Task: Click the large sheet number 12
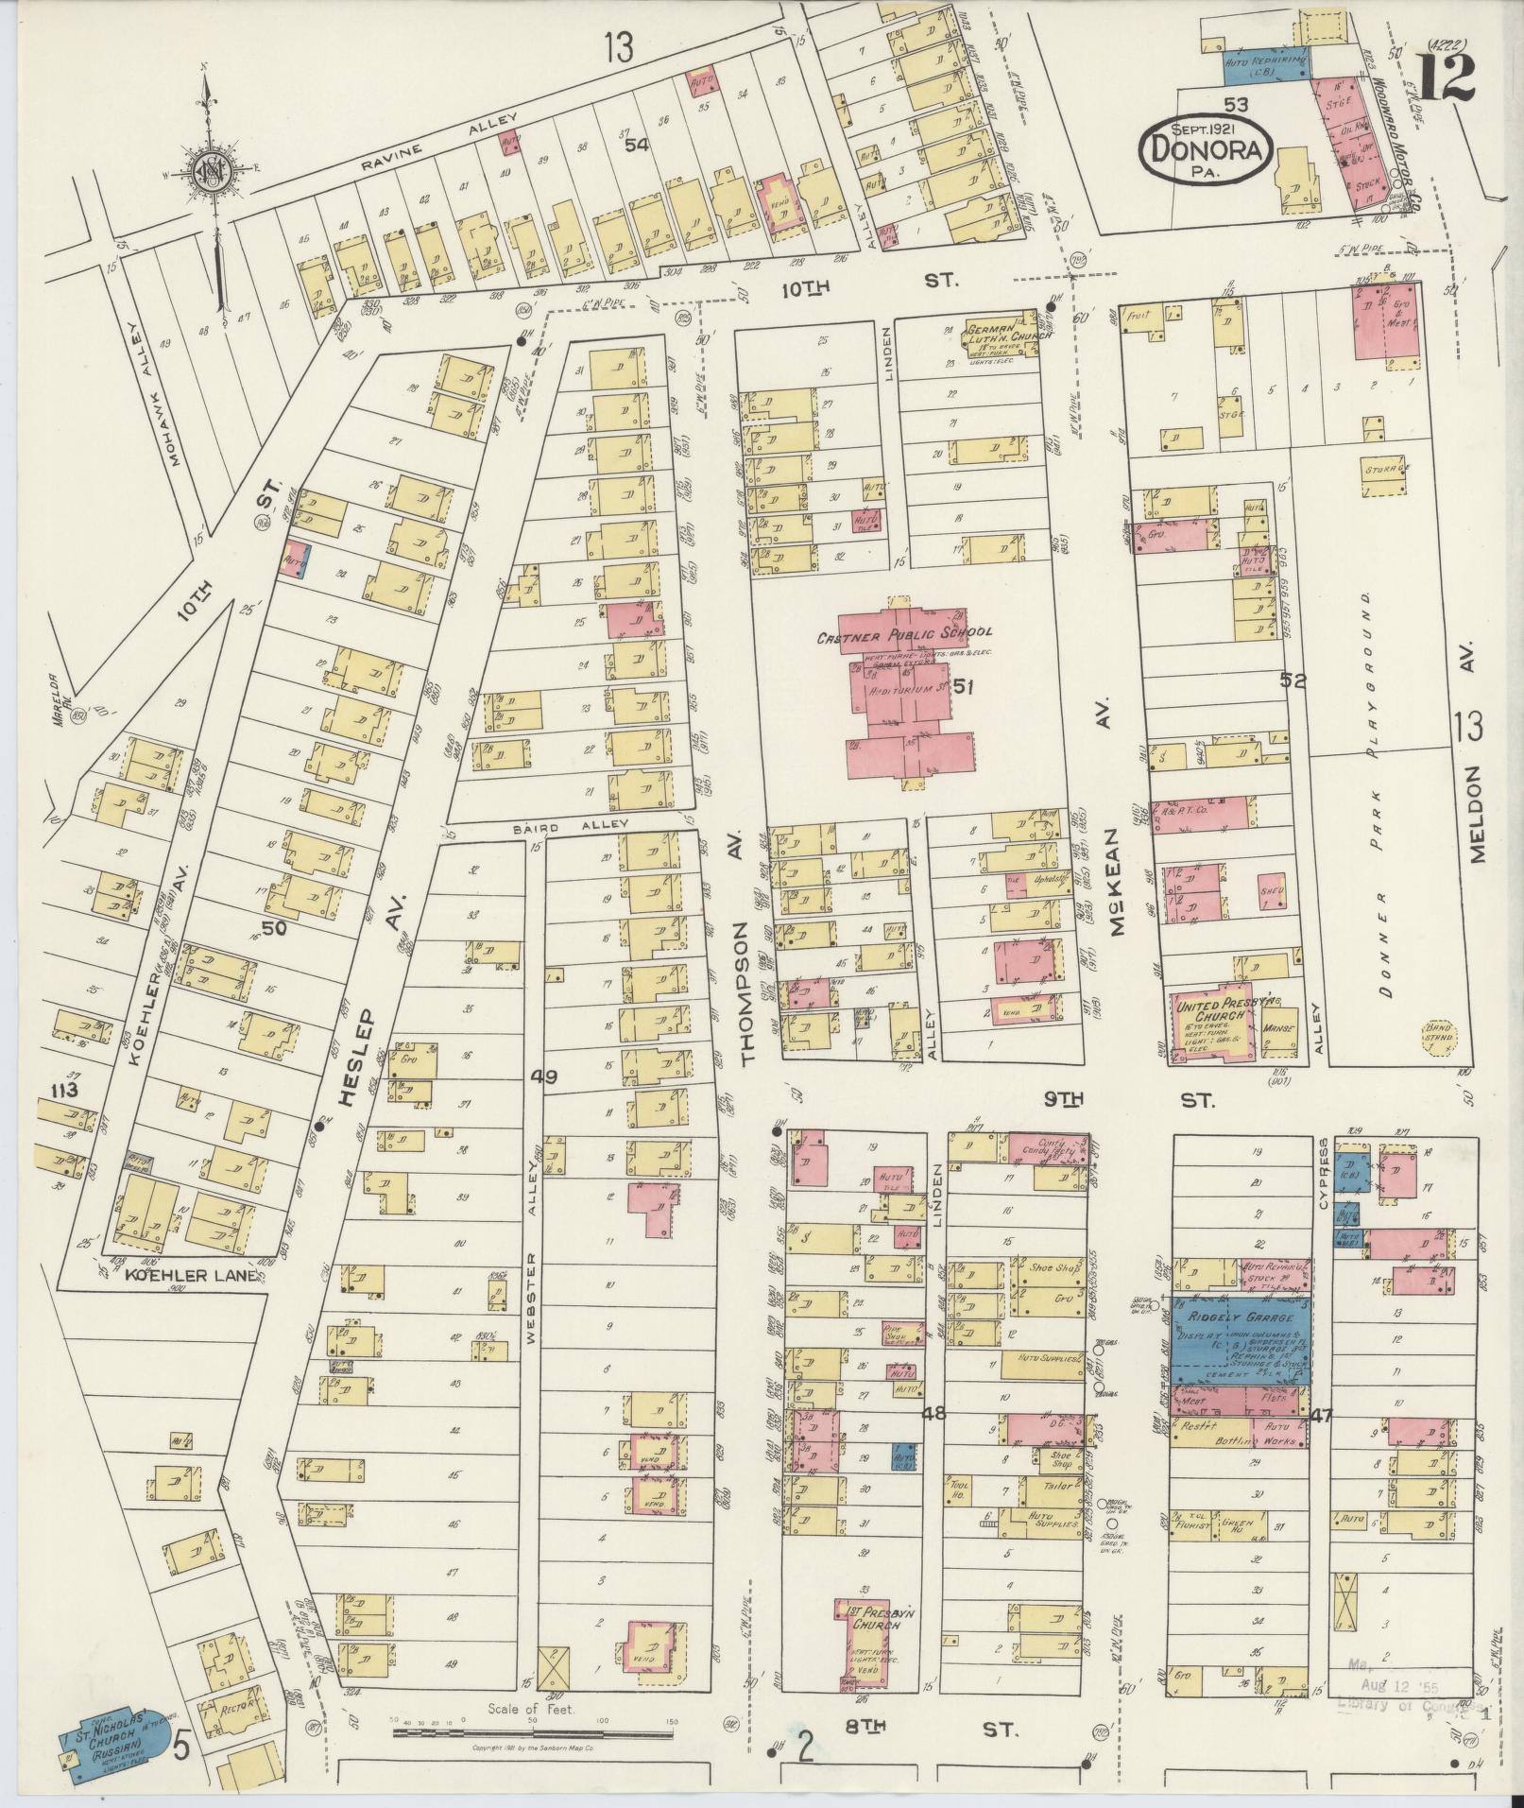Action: tap(1447, 77)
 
